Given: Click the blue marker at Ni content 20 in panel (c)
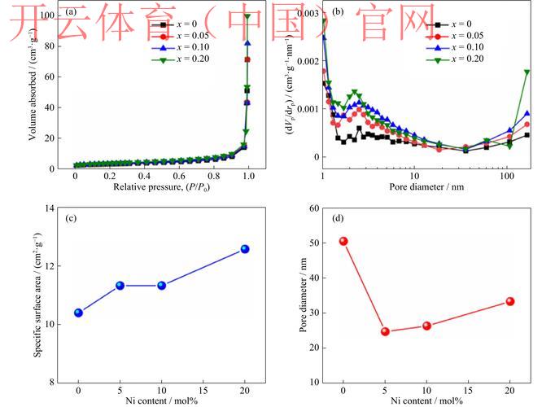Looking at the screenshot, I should [244, 249].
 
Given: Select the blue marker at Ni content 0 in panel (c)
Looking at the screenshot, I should [78, 313].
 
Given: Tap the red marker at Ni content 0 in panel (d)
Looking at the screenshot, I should [343, 241].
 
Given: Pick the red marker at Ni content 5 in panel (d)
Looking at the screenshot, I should [385, 331].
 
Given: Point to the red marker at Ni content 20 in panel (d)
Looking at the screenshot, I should [510, 301].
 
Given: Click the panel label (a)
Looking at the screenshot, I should [72, 12].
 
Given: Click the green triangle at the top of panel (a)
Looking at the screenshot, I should [247, 16].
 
